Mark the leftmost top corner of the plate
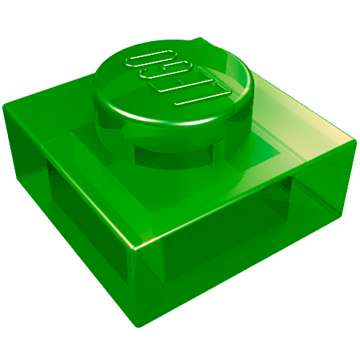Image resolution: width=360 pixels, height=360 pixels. pos(5,106)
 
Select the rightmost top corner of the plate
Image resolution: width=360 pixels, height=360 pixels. pos(355,140)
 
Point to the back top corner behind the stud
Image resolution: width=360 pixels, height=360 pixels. pos(199,38)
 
